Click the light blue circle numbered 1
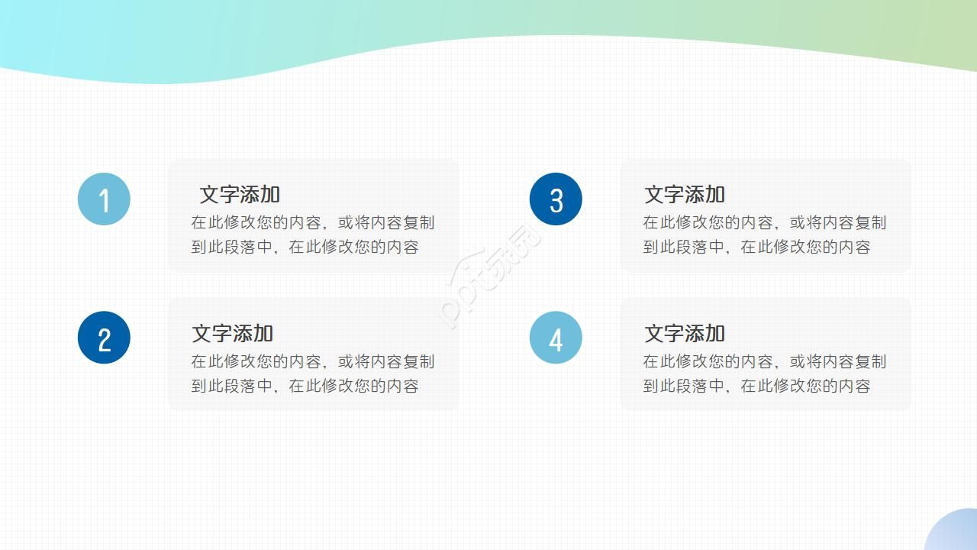tap(104, 199)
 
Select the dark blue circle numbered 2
tap(104, 338)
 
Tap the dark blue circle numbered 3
tap(556, 199)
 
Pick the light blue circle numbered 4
tap(556, 338)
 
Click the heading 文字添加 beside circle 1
tap(240, 195)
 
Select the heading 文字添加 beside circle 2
tap(232, 334)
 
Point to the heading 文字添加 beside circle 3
tap(685, 195)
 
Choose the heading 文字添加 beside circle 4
tap(685, 334)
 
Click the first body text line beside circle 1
tap(312, 223)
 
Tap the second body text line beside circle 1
tap(305, 247)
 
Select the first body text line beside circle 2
tap(312, 362)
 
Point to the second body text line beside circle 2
tap(305, 387)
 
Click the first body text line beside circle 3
tap(764, 223)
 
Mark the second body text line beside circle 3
tap(756, 247)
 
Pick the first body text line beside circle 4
tap(764, 362)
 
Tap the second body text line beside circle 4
tap(756, 387)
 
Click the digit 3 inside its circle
tap(556, 201)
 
